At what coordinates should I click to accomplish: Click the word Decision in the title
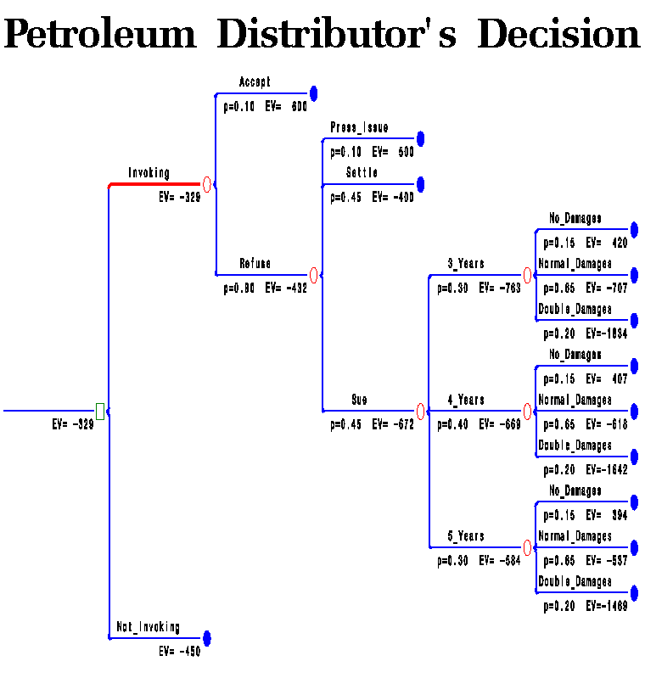[x=558, y=36]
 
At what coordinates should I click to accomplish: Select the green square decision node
[x=100, y=412]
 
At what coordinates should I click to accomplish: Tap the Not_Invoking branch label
[x=148, y=627]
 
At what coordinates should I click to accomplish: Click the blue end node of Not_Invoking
[x=206, y=638]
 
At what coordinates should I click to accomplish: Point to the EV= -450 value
[x=180, y=652]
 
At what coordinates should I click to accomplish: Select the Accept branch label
[x=255, y=82]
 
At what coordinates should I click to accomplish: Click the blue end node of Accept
[x=313, y=93]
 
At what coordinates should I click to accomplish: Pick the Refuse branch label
[x=255, y=264]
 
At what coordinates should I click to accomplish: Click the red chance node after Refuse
[x=313, y=275]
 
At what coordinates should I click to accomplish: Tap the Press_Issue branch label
[x=359, y=128]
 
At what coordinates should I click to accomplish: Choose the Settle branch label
[x=362, y=173]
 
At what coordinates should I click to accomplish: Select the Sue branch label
[x=359, y=400]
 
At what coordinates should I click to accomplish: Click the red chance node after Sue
[x=420, y=412]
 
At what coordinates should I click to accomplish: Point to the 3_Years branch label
[x=466, y=264]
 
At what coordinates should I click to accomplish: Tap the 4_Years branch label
[x=466, y=400]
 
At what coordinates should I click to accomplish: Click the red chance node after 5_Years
[x=527, y=547]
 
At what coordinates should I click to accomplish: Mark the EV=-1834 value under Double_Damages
[x=606, y=333]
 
